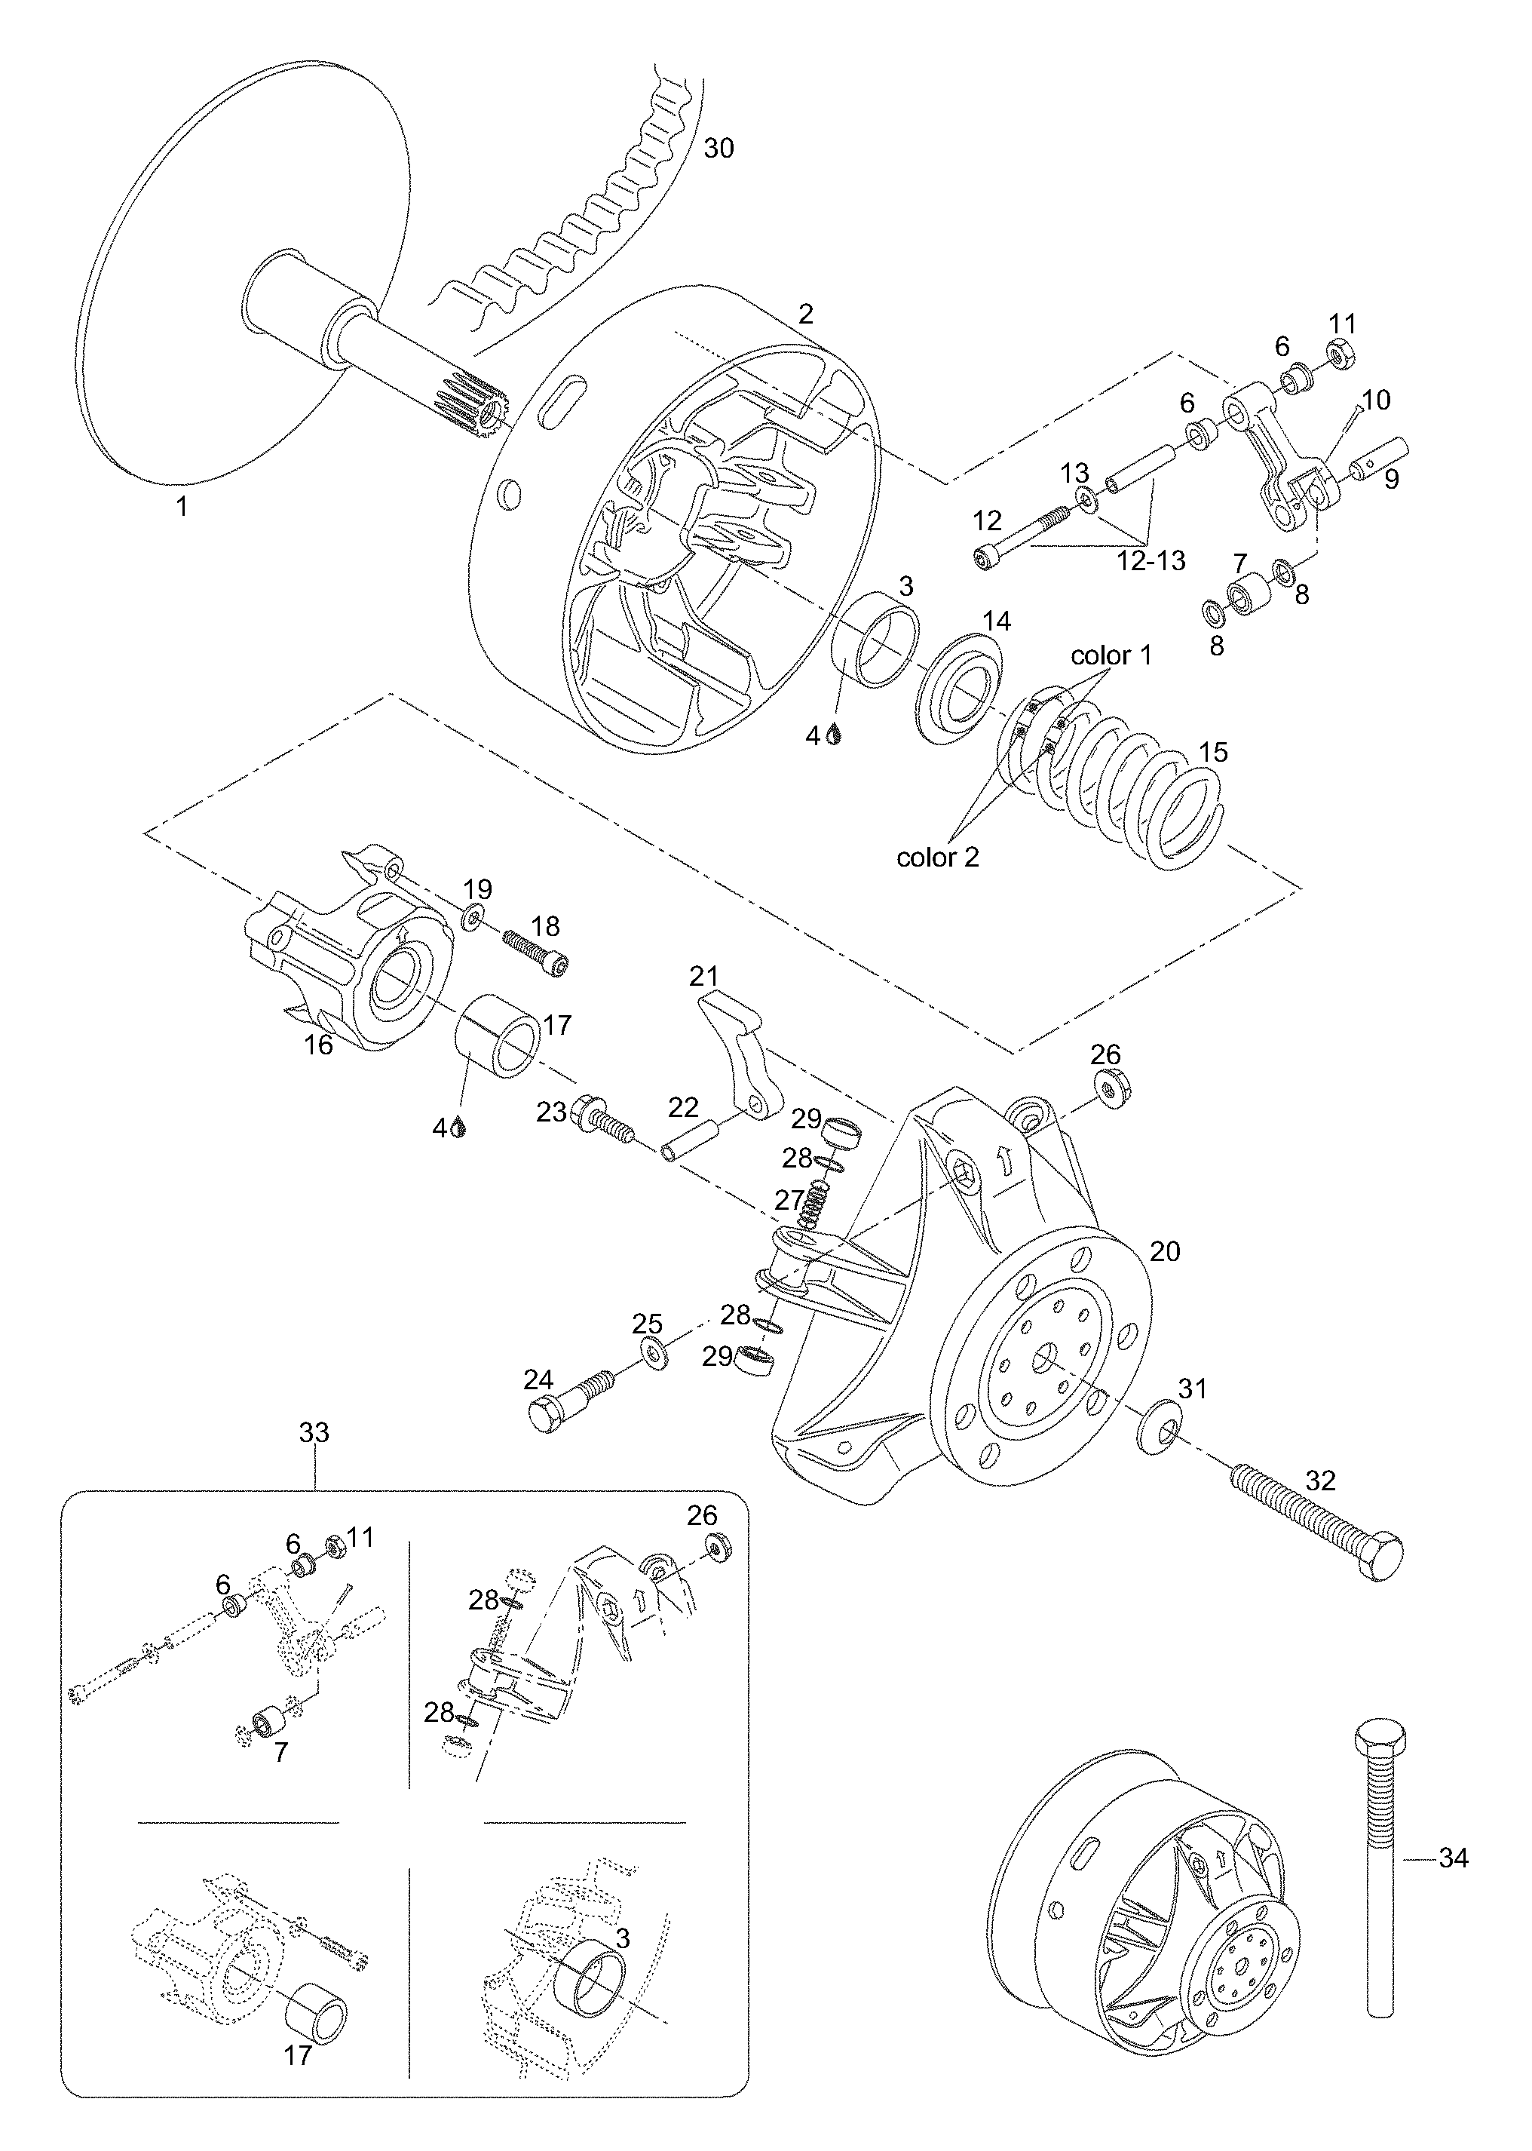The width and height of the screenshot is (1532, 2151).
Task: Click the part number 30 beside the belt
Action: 719,148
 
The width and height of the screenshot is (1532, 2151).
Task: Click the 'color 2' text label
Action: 938,857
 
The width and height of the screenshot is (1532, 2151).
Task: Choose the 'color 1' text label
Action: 1111,655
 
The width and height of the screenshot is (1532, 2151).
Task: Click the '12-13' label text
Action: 1151,560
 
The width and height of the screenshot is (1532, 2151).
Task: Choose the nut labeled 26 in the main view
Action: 1112,1090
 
